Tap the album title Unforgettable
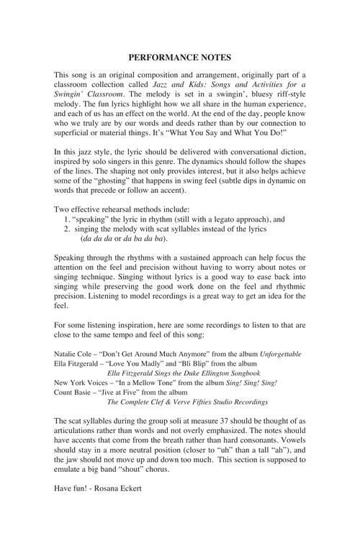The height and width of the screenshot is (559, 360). [x=276, y=355]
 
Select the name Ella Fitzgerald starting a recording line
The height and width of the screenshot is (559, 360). [x=76, y=364]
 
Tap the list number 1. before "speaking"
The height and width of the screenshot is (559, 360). [x=68, y=219]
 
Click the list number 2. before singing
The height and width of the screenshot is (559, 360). [x=68, y=228]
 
